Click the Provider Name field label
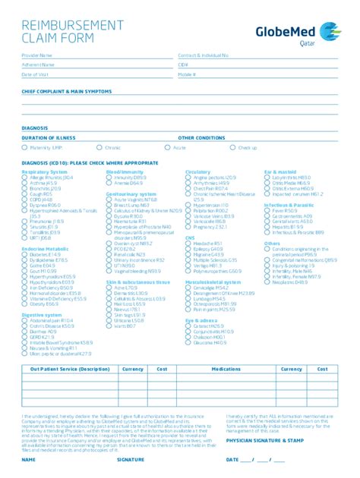37,55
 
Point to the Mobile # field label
187,74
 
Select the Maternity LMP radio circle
25,148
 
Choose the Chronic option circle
99,148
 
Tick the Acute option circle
169,148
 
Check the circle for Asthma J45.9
25,183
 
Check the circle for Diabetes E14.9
25,254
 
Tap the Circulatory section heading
197,172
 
